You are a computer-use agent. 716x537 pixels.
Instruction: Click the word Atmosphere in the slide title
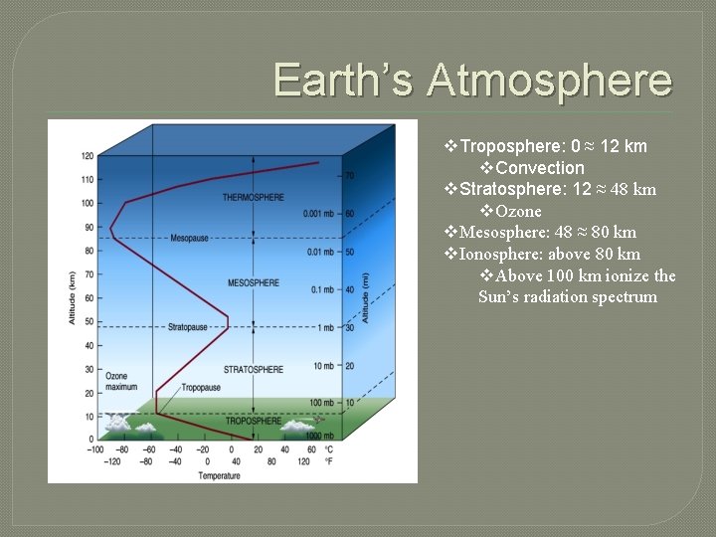[x=549, y=80]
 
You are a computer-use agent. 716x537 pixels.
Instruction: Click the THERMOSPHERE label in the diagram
[x=253, y=198]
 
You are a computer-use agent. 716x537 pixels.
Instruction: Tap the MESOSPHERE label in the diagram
[x=254, y=283]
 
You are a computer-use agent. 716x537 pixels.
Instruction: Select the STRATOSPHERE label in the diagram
[x=253, y=370]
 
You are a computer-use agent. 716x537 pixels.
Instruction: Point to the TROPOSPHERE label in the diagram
[x=253, y=422]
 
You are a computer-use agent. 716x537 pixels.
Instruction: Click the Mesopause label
[x=189, y=239]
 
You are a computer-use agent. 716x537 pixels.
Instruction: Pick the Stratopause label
[x=187, y=325]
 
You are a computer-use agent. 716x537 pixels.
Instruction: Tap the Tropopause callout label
[x=201, y=388]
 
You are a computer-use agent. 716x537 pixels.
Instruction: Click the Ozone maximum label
[x=121, y=381]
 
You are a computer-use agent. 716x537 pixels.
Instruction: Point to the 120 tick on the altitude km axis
[x=88, y=156]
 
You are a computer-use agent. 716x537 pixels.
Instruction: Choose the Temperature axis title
[x=218, y=476]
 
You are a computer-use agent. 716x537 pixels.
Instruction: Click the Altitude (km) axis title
[x=72, y=296]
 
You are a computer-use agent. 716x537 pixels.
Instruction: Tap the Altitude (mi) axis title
[x=367, y=296]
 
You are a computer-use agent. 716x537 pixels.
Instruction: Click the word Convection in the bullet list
[x=539, y=168]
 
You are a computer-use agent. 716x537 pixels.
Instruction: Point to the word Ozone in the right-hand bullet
[x=518, y=211]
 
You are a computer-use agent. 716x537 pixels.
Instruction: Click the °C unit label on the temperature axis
[x=328, y=449]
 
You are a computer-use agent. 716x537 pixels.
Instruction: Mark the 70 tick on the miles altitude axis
[x=350, y=176]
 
